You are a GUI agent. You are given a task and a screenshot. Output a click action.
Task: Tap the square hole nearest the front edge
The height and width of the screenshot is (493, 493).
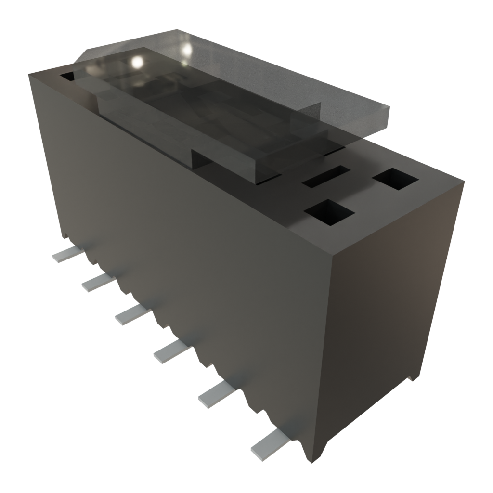(x=329, y=212)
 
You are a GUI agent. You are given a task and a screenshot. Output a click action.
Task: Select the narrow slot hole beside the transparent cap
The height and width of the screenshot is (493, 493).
(x=326, y=177)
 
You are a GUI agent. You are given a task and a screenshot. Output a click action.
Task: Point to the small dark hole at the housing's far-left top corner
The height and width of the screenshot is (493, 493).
(x=67, y=76)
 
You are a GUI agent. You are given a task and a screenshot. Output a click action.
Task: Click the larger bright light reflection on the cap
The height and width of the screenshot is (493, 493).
(x=137, y=62)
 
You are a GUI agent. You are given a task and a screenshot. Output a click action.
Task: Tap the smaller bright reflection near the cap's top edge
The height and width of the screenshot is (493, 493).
(x=186, y=49)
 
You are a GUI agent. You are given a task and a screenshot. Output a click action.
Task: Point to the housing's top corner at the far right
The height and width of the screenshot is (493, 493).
(x=464, y=181)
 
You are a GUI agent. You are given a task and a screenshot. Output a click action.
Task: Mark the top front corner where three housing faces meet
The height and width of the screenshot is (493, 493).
(x=333, y=254)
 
